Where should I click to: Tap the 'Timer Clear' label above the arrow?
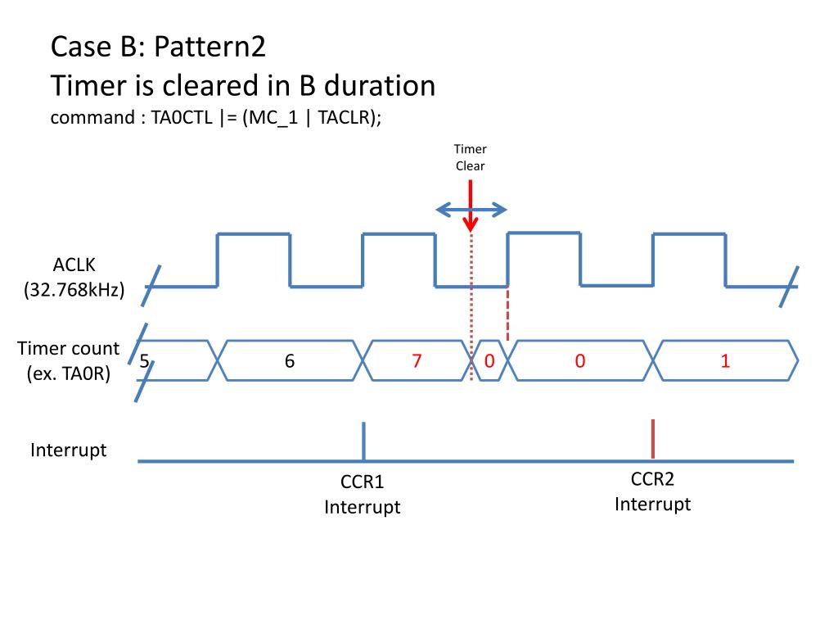click(x=471, y=157)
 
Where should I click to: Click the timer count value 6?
click(x=290, y=361)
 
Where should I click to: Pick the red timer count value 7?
click(x=417, y=361)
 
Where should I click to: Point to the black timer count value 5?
click(x=144, y=361)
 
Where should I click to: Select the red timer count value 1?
click(x=725, y=361)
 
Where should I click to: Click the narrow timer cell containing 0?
click(x=489, y=361)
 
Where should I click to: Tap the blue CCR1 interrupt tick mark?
click(x=363, y=441)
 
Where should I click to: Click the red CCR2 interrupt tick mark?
click(x=652, y=439)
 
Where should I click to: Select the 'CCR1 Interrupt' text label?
click(x=363, y=495)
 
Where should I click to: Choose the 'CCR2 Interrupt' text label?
click(x=652, y=491)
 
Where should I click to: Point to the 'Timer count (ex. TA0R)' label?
click(x=69, y=361)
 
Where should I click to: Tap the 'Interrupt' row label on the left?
click(x=69, y=450)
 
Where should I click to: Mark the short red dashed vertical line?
click(x=508, y=314)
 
